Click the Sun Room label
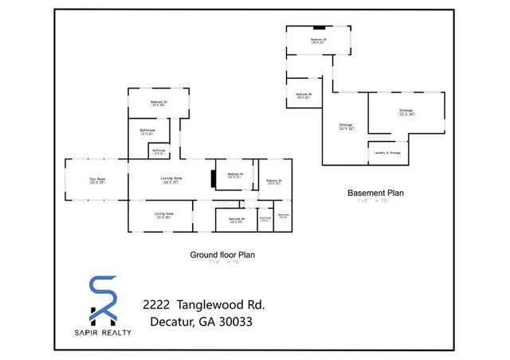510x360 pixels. [97, 179]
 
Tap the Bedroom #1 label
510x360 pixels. [159, 102]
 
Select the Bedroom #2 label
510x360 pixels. [235, 174]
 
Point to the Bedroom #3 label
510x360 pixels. [275, 181]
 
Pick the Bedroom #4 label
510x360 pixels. [237, 219]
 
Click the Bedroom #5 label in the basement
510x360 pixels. [319, 39]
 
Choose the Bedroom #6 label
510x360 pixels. [303, 96]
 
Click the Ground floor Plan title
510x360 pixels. [222, 255]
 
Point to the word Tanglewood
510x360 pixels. [210, 305]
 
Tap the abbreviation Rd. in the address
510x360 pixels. [255, 305]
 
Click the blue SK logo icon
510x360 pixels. [102, 299]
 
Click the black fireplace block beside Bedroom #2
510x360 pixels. [213, 178]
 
